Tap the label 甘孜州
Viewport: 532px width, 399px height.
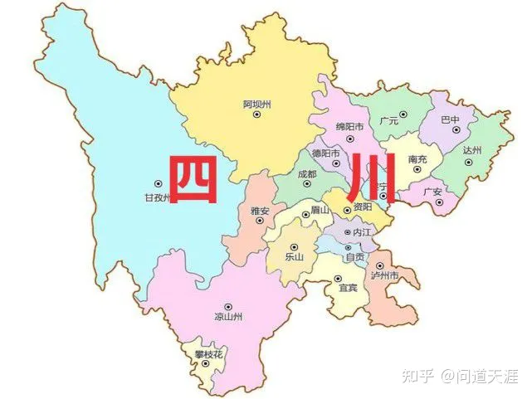157,198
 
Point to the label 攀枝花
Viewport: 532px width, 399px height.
209,355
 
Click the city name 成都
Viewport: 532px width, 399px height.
307,175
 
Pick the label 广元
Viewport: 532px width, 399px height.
389,121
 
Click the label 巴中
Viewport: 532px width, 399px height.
450,120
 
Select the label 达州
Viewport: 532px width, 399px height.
473,150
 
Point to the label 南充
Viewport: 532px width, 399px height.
418,159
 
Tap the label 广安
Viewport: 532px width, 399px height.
432,192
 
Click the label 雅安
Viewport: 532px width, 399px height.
260,212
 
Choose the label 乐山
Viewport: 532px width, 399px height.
295,256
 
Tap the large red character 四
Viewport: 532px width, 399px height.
193,179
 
